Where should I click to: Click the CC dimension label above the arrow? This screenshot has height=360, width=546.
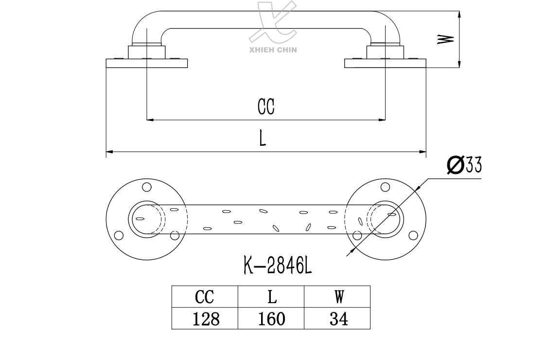[266, 107]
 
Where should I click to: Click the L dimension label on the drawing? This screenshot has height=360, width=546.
[263, 138]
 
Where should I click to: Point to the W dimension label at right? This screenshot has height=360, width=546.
[446, 39]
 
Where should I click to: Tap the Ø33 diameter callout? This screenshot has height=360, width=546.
[464, 165]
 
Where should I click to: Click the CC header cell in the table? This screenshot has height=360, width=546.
[205, 296]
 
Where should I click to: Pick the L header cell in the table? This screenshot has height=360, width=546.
[271, 296]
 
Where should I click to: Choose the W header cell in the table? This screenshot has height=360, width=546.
[337, 296]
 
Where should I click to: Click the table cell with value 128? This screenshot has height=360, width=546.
[205, 319]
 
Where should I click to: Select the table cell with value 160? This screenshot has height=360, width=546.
[271, 319]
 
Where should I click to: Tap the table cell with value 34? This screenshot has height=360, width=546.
[337, 319]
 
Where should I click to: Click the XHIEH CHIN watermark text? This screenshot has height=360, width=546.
[273, 49]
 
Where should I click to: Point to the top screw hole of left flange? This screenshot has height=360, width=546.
[146, 187]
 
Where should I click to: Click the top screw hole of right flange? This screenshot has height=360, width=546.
[385, 187]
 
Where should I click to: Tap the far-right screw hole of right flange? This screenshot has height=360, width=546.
[413, 236]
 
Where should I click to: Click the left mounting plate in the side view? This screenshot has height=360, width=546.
[147, 63]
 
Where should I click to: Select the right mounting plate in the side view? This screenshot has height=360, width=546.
[385, 63]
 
